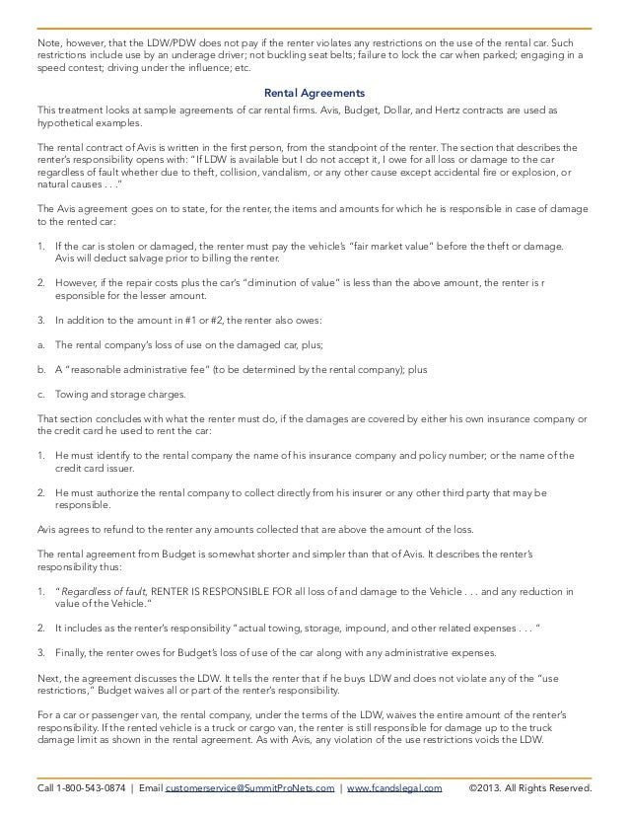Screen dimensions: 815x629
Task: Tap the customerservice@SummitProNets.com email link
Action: click(243, 789)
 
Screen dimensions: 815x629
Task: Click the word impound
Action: click(343, 627)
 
